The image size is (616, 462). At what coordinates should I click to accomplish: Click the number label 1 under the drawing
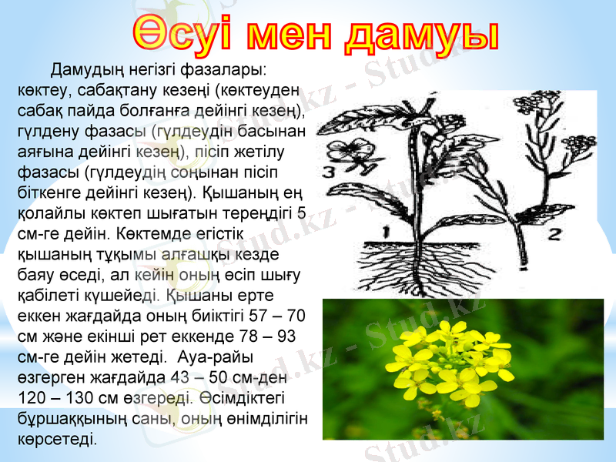coord(386,229)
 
